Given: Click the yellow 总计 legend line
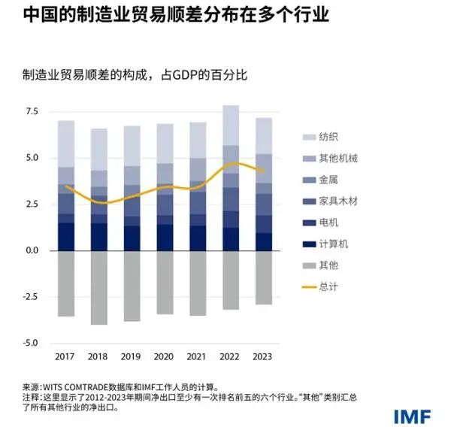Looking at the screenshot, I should (309, 286).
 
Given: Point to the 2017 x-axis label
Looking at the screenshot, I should (66, 356).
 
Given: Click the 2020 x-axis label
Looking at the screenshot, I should (165, 356).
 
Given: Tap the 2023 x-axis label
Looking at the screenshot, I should (262, 356).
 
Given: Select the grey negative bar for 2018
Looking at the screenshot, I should (99, 287).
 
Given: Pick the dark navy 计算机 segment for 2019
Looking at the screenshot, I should (132, 238).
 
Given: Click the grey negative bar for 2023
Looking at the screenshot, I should (262, 277).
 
